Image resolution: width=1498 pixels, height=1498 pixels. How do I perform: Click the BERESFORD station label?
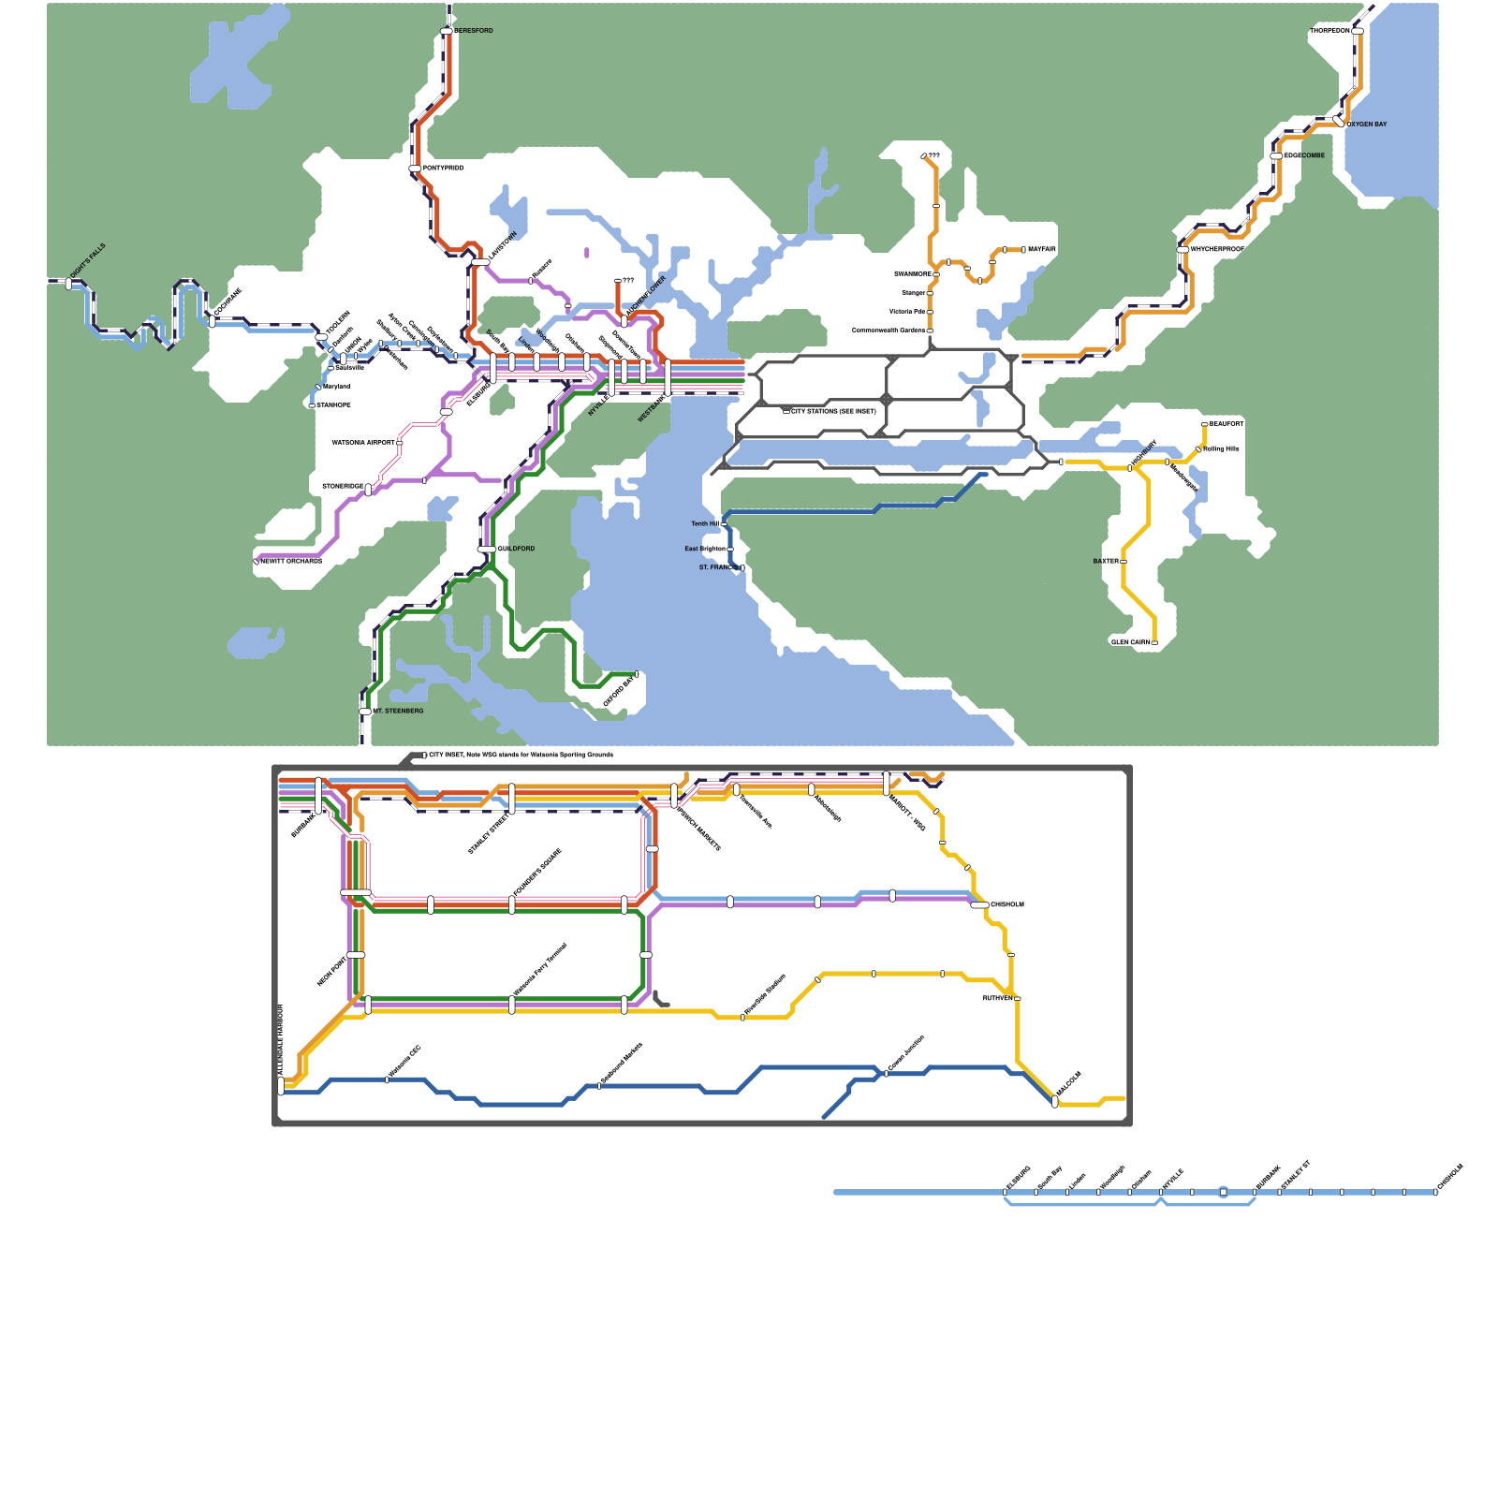[474, 31]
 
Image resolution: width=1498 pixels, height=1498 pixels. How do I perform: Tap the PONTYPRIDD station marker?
[415, 169]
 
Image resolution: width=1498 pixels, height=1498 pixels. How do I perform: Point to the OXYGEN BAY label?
[1367, 125]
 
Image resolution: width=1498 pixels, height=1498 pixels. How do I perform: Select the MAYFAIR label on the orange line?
[1042, 250]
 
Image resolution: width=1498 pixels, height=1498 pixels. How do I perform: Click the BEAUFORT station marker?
[1204, 424]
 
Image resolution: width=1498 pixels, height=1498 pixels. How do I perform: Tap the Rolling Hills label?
[1222, 449]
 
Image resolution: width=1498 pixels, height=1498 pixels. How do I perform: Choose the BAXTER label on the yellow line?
[1106, 562]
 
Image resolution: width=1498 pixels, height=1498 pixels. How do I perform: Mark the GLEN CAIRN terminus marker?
[1154, 643]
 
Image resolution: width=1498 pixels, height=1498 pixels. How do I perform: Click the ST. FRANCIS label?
[718, 567]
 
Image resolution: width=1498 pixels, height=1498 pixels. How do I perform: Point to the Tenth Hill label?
[705, 524]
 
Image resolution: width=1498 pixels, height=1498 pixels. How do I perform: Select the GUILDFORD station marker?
[487, 549]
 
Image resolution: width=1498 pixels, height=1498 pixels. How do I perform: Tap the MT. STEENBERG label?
[399, 712]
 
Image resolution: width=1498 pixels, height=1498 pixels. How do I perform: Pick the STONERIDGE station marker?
[368, 490]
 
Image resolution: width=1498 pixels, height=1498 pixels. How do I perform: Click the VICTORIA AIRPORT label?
[363, 443]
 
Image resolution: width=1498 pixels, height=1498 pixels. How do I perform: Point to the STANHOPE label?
[333, 405]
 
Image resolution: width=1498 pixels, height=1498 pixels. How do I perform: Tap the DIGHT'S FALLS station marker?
[68, 283]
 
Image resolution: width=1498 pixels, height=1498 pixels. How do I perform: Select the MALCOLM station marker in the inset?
[1055, 1102]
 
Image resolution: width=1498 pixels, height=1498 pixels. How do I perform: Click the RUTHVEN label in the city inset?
[997, 999]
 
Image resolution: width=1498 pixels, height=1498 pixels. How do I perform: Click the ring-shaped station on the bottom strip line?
[1223, 1192]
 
